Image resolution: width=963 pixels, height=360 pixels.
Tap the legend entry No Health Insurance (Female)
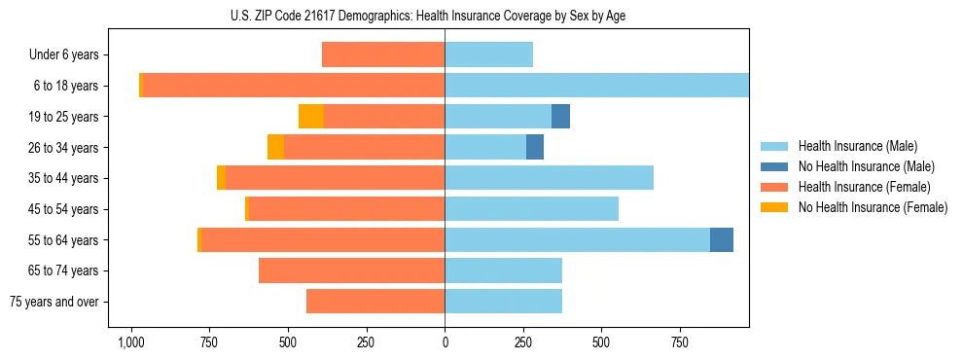coord(872,207)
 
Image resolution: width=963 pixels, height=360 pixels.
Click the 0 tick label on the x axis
coord(445,342)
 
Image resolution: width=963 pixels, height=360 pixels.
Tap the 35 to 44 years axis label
coord(68,178)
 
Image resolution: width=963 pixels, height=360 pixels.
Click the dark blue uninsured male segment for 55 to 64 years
coord(721,239)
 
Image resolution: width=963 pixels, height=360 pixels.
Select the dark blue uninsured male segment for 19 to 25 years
coord(560,117)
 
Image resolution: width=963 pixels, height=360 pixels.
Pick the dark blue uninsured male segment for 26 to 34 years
coord(534,147)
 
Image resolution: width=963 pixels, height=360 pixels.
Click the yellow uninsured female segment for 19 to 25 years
coord(311,117)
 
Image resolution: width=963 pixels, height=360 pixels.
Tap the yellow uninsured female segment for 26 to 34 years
coord(275,147)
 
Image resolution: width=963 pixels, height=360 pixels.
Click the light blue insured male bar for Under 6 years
coord(488,55)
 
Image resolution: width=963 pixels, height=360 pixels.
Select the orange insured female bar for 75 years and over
coord(375,302)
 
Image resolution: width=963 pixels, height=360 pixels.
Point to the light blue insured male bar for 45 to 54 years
coord(531,209)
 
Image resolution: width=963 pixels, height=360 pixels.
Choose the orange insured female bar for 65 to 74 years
coord(351,270)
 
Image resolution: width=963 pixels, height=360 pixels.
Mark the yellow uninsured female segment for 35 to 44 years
coord(221,178)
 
